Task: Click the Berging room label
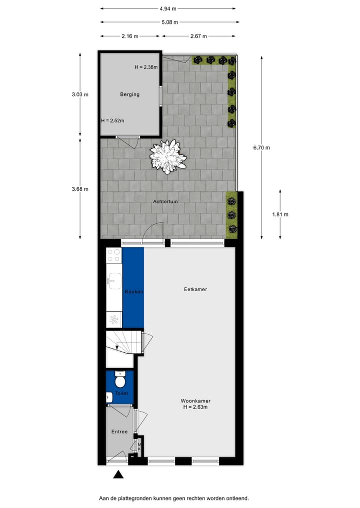click(x=129, y=94)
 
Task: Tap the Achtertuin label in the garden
click(x=165, y=202)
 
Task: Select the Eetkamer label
click(x=195, y=289)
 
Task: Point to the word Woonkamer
click(x=195, y=401)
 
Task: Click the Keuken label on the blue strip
click(x=134, y=292)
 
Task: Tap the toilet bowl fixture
click(x=120, y=381)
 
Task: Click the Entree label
click(x=119, y=432)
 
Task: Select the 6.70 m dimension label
click(x=261, y=147)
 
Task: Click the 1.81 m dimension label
click(x=280, y=214)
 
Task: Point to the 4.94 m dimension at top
click(x=168, y=8)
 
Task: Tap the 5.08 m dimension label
click(x=169, y=22)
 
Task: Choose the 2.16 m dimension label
click(x=130, y=36)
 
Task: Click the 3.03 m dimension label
click(x=80, y=94)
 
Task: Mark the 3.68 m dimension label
click(x=80, y=189)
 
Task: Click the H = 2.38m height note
click(x=146, y=67)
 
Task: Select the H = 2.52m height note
click(x=112, y=120)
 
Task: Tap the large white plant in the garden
click(x=168, y=156)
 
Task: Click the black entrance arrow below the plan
click(x=118, y=475)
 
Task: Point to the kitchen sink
click(x=113, y=280)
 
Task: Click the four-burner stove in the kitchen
click(x=114, y=255)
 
